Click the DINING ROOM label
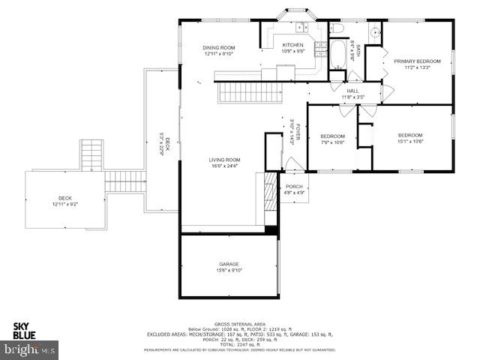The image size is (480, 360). pyautogui.click(x=219, y=47)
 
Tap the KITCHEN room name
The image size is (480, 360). pyautogui.click(x=292, y=45)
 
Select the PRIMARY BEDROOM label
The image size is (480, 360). pyautogui.click(x=417, y=61)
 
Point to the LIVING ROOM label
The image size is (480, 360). pyautogui.click(x=224, y=159)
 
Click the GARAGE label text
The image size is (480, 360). pyautogui.click(x=229, y=264)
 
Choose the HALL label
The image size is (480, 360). pyautogui.click(x=352, y=91)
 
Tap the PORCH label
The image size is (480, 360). pyautogui.click(x=294, y=187)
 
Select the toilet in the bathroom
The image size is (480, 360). pyautogui.click(x=337, y=30)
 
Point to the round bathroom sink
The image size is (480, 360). pyautogui.click(x=374, y=33)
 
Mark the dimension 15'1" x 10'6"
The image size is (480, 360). pyautogui.click(x=410, y=141)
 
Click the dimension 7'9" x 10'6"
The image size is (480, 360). pyautogui.click(x=331, y=141)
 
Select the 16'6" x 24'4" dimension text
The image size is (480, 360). pyautogui.click(x=224, y=166)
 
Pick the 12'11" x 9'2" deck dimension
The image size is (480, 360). pyautogui.click(x=64, y=204)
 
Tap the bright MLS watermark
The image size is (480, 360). pyautogui.click(x=30, y=349)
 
